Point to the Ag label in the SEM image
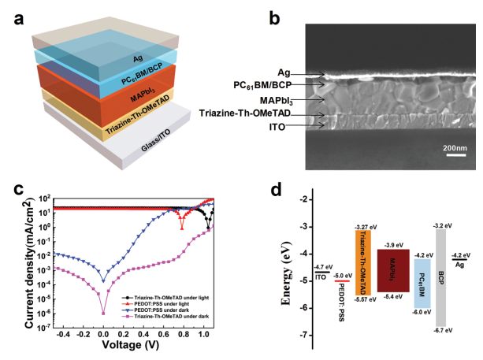292,73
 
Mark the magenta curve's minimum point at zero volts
103,313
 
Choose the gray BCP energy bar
441,276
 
